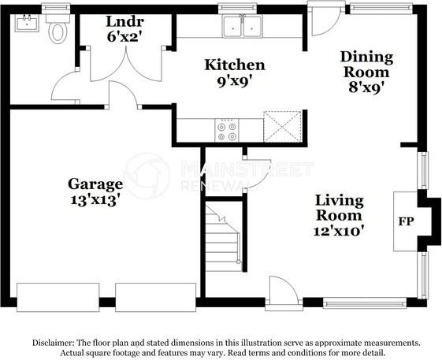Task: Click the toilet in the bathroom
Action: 58,32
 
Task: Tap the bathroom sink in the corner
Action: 26,23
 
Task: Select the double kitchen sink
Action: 243,28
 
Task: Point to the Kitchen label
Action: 235,65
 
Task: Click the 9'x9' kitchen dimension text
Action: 235,80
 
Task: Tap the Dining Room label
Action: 366,65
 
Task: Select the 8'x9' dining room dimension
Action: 366,87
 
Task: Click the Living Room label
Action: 339,207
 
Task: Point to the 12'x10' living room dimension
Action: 339,231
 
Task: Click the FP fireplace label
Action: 406,221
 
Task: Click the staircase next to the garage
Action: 223,236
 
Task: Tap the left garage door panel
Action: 58,297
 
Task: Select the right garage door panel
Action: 155,297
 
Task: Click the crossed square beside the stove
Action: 281,126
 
